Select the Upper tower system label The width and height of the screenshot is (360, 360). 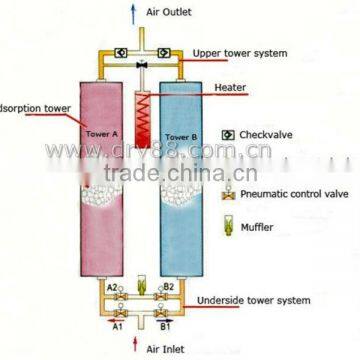[x=239, y=52]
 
